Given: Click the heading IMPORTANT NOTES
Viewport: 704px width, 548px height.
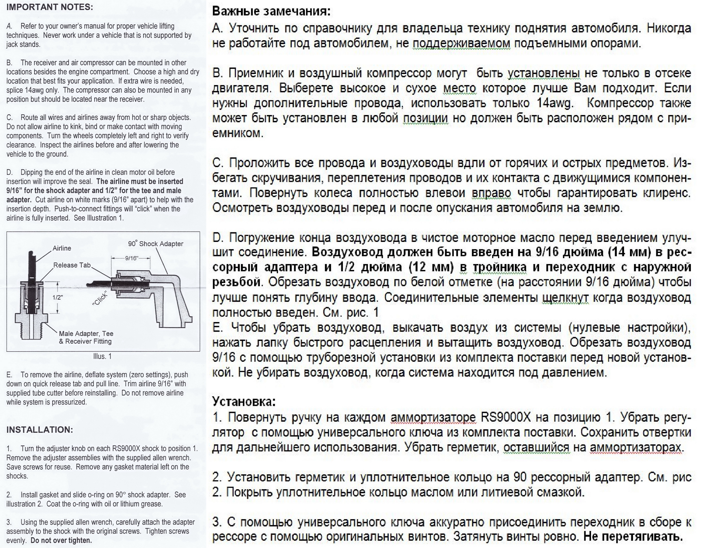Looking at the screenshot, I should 50,7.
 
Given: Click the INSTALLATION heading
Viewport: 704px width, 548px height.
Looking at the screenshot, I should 40,430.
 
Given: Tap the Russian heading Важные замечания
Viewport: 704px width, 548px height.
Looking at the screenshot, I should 271,11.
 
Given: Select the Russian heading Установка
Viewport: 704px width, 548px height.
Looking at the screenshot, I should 244,402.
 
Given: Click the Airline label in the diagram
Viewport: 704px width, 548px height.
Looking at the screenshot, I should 62,248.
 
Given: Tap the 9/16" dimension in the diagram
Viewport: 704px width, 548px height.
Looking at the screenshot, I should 132,258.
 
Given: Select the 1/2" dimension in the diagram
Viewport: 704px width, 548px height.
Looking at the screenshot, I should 57,297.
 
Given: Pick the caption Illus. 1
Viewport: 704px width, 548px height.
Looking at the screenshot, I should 102,356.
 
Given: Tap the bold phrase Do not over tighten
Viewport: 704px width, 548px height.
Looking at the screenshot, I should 61,540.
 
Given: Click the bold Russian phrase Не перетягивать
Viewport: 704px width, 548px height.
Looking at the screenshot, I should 633,536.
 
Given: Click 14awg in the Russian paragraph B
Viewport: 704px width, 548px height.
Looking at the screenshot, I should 555,103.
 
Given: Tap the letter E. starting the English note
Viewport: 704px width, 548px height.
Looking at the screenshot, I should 9,375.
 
